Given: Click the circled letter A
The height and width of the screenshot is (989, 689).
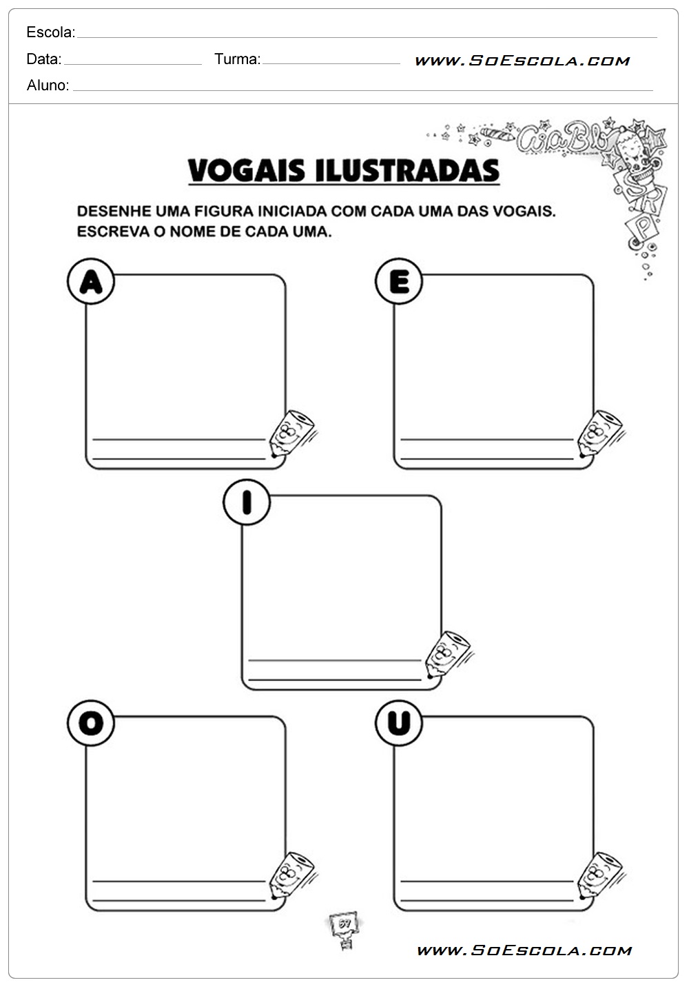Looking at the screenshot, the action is point(91,281).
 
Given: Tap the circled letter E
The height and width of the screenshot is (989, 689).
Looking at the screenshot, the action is point(399,281).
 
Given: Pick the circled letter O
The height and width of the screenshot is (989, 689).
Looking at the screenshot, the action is point(91,723).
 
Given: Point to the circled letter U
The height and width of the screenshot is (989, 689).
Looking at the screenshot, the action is point(399,723).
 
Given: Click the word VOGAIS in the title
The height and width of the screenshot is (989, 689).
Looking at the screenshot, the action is point(246,170).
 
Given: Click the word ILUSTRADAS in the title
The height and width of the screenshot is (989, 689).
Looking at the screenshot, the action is point(407,170).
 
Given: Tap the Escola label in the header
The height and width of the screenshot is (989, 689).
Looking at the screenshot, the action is point(51,32).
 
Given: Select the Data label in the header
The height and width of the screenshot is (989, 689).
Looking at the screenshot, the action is point(43,59).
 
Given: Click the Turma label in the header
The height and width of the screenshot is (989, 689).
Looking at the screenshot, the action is point(237,59).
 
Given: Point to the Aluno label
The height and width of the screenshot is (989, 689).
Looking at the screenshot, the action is point(48,85).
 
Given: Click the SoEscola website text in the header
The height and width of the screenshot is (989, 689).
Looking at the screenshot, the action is point(522,61).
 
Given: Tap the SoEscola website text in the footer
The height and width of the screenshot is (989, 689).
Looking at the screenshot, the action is point(524,950).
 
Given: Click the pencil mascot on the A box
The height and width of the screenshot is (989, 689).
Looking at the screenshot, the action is point(292,434).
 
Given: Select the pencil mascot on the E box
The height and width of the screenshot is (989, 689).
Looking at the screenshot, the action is point(600,434).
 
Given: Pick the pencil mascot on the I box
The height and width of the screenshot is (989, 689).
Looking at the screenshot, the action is point(448,654).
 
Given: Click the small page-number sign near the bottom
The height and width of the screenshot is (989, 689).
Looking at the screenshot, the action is point(344,928).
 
